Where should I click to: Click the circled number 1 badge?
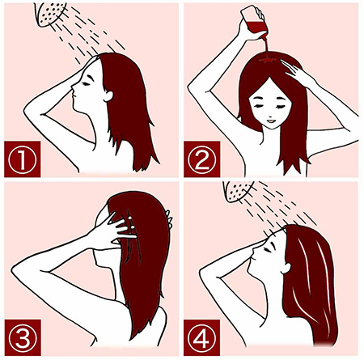[x=23, y=159]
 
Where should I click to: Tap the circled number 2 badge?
[x=202, y=159]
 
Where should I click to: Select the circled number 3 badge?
[x=23, y=337]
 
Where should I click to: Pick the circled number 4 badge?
[x=202, y=337]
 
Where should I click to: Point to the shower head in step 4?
[x=238, y=191]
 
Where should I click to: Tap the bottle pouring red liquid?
[x=255, y=23]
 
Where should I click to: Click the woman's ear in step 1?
[x=108, y=95]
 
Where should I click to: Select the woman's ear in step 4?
[x=286, y=268]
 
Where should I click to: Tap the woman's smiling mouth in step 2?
[x=270, y=121]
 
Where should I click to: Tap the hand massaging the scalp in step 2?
[x=295, y=70]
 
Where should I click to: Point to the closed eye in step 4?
[x=267, y=249]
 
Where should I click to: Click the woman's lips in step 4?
[x=252, y=260]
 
